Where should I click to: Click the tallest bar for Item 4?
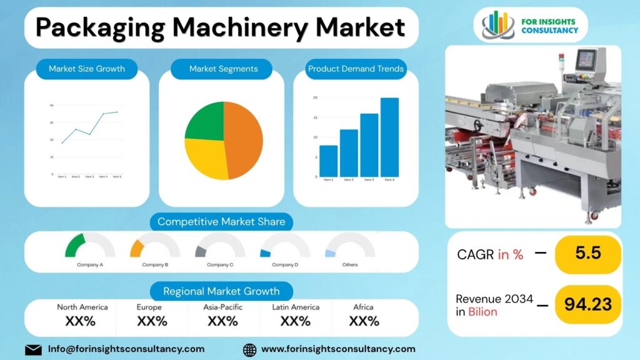pos(389,137)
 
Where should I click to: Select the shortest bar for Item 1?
pos(328,161)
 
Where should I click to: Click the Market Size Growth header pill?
pos(87,69)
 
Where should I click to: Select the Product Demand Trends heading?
pos(356,69)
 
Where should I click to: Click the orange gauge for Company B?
pos(137,247)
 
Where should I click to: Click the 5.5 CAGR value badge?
pos(588,254)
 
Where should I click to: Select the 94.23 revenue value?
pos(588,304)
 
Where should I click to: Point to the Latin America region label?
pos(296,307)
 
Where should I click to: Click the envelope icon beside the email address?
pos(33,349)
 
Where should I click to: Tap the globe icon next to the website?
pos(249,349)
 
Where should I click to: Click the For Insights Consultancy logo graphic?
pos(498,25)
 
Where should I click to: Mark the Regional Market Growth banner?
pos(221,291)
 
